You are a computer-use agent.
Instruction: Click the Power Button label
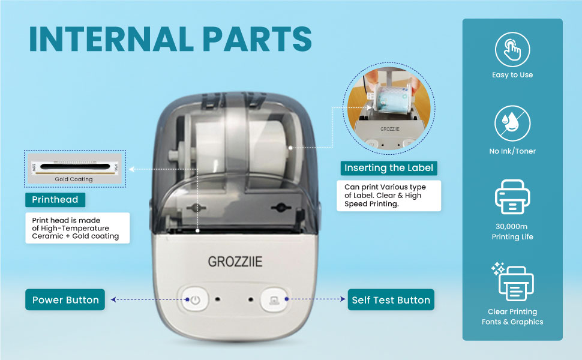tap(65, 299)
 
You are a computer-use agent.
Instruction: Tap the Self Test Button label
tap(391, 299)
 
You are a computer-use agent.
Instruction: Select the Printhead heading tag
tap(55, 200)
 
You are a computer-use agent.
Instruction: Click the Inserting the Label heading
tap(389, 168)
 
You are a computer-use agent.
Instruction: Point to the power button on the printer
tap(194, 299)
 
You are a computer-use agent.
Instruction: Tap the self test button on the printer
tap(274, 299)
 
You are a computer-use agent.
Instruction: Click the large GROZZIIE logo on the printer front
tap(235, 262)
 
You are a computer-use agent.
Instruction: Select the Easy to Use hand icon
tap(512, 50)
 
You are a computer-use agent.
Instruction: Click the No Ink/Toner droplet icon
tap(512, 124)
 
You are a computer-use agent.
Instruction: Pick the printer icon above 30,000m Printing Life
tap(512, 197)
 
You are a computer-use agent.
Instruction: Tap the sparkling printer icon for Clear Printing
tap(513, 282)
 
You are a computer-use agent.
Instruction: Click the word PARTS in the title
tap(257, 39)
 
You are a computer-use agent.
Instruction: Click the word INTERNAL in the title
tap(112, 39)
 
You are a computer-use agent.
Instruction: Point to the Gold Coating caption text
tap(74, 179)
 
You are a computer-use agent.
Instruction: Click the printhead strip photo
tap(74, 168)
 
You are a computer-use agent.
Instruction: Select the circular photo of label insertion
tap(389, 108)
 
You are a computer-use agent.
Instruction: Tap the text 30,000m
tap(512, 226)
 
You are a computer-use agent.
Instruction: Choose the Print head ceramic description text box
tap(77, 228)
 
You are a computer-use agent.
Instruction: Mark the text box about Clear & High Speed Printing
tap(389, 196)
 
